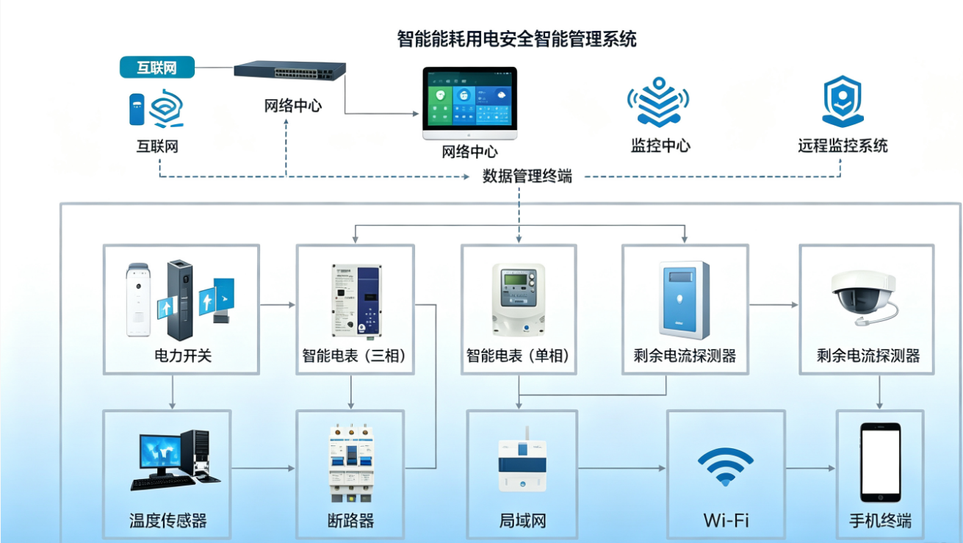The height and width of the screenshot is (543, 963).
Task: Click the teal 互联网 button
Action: pyautogui.click(x=157, y=68)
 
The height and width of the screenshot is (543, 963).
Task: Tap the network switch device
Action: pyautogui.click(x=289, y=70)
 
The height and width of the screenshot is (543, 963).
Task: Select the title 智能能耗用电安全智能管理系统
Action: pyautogui.click(x=516, y=39)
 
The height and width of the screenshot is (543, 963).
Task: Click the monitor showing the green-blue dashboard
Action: pyautogui.click(x=469, y=103)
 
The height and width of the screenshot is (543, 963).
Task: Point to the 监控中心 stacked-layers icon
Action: pyautogui.click(x=658, y=102)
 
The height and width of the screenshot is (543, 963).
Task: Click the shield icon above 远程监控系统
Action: pyautogui.click(x=843, y=101)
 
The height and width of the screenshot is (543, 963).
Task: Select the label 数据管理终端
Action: pyautogui.click(x=527, y=176)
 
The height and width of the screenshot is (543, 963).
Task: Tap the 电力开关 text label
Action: pyautogui.click(x=183, y=356)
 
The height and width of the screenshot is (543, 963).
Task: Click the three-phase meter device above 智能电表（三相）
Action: pyautogui.click(x=356, y=301)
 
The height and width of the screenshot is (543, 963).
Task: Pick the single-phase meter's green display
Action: pyautogui.click(x=516, y=280)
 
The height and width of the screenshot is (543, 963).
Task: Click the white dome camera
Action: pyautogui.click(x=864, y=298)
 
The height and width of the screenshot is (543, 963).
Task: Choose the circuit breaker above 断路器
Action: pyautogui.click(x=351, y=463)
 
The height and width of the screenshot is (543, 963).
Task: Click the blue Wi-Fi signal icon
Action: pyautogui.click(x=726, y=467)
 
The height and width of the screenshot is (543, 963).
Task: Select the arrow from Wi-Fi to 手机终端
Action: pyautogui.click(x=811, y=468)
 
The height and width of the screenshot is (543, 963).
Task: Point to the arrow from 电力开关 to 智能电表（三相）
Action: pyautogui.click(x=278, y=305)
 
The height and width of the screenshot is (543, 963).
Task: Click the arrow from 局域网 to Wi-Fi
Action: pyautogui.click(x=621, y=468)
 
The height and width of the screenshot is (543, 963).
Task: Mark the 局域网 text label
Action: pyautogui.click(x=522, y=521)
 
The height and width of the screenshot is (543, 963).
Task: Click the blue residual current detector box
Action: pyautogui.click(x=684, y=300)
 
